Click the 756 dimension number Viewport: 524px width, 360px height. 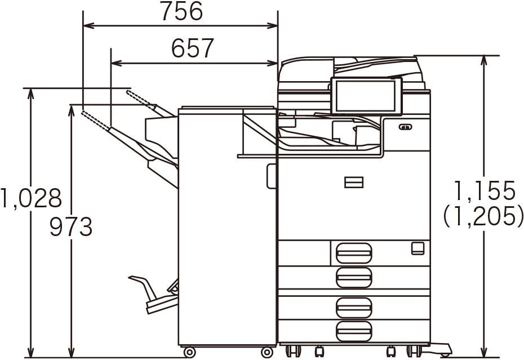click(x=182, y=11)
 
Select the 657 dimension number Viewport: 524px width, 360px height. click(x=193, y=48)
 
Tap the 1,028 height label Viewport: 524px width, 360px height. click(x=31, y=198)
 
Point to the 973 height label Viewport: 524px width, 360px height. click(x=71, y=226)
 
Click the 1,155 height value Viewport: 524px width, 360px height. click(x=484, y=191)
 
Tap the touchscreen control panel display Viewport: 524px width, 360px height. click(x=366, y=96)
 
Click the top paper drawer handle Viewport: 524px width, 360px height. click(x=354, y=253)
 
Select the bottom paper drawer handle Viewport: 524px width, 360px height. click(x=354, y=331)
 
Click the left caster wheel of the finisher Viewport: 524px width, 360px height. click(x=189, y=352)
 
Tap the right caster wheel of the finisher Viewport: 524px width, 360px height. click(x=267, y=352)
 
